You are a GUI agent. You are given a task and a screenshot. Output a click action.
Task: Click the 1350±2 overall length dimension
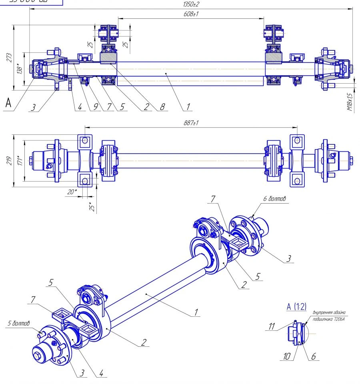pos(191,4)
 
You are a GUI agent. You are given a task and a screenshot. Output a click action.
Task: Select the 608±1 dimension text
pos(191,14)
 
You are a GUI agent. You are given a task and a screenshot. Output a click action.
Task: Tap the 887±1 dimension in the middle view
pos(191,123)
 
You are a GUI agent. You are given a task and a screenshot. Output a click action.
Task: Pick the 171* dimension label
pos(18,160)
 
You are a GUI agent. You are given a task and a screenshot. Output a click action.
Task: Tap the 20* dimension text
pos(72,192)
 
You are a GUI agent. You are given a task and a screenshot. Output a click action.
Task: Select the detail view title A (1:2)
pos(296,307)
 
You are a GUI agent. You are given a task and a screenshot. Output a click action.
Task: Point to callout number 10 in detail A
pos(287,356)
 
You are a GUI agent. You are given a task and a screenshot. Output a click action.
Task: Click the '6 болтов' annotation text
pos(274,198)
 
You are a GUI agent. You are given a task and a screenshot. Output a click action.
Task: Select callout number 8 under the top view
pos(162,107)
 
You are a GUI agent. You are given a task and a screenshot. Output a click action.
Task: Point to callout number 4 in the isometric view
pos(101,373)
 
